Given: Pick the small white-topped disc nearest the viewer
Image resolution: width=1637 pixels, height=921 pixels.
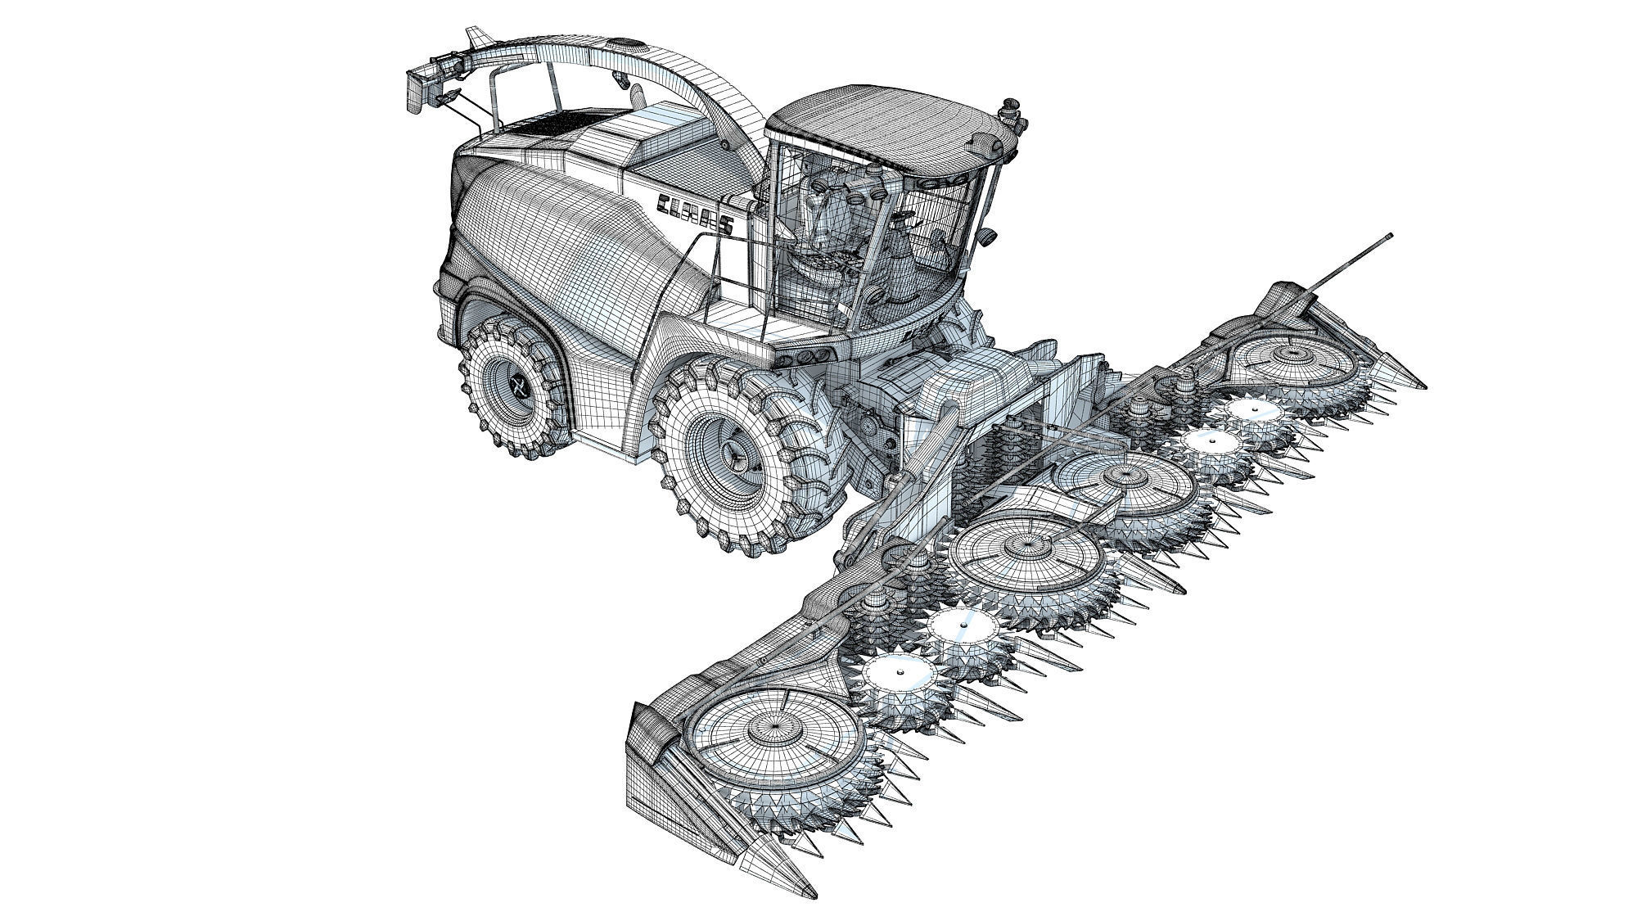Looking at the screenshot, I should [x=899, y=675].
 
